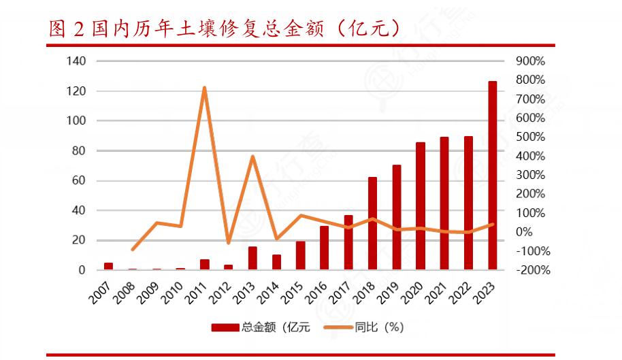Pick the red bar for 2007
109,266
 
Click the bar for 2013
252,258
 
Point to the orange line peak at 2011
205,88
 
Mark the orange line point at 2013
252,157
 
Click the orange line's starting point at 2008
133,250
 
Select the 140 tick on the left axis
76,61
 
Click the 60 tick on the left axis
79,180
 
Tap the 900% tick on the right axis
531,61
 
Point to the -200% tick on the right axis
532,270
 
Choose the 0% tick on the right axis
524,232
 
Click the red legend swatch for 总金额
225,327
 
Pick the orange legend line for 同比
337,327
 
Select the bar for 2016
325,248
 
